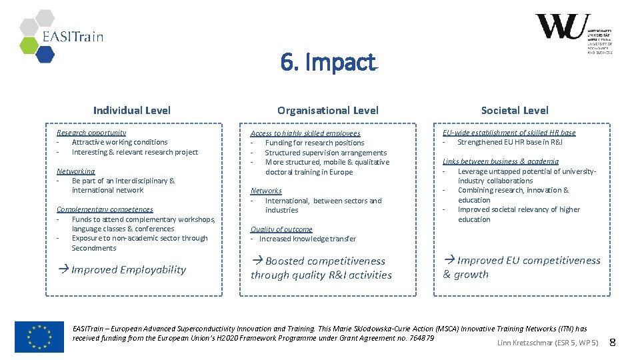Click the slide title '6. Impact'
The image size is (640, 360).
[328, 63]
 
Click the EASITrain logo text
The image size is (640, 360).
[73, 37]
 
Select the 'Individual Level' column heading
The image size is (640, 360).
[131, 111]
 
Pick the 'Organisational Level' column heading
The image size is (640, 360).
[327, 111]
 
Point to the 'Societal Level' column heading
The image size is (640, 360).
[515, 111]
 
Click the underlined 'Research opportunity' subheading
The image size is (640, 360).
[91, 133]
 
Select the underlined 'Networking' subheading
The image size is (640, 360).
[75, 171]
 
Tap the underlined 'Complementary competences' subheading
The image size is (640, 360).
[105, 209]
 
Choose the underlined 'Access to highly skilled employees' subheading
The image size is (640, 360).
[305, 133]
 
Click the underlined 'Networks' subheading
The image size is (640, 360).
[266, 191]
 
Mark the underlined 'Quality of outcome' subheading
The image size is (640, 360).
[281, 229]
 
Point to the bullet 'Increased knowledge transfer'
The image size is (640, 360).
[307, 239]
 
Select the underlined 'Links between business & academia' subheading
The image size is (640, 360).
[501, 161]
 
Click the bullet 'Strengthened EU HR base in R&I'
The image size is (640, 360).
[510, 142]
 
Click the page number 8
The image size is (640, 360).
[613, 343]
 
